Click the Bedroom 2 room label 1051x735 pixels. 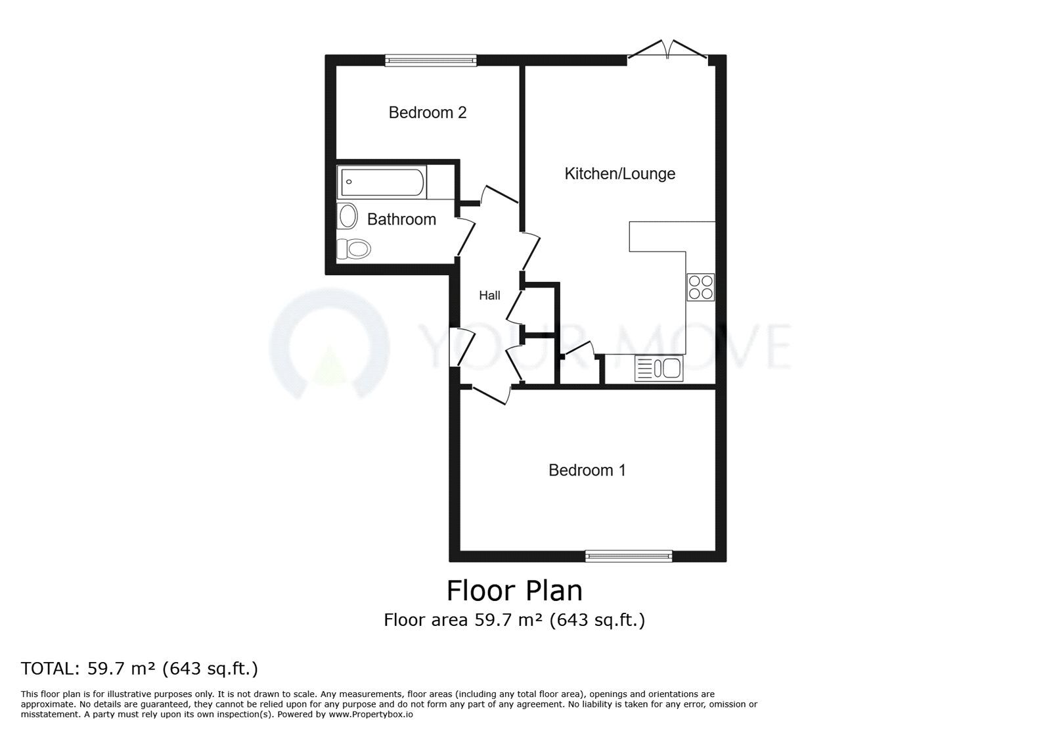coord(428,113)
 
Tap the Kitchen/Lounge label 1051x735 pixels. coord(620,174)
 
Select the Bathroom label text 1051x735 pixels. coord(401,219)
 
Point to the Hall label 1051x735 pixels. coord(489,296)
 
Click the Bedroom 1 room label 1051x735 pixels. coord(587,470)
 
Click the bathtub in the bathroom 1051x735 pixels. coord(382,183)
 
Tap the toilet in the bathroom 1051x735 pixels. coord(355,248)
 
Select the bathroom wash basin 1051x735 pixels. coord(347,215)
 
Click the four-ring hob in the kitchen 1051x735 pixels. coord(700,287)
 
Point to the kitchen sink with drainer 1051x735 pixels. coord(659,368)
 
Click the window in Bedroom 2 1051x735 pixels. coord(431,60)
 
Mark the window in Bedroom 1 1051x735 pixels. coord(629,556)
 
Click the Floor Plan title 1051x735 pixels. coord(514,590)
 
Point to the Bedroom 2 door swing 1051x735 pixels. coord(499,194)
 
